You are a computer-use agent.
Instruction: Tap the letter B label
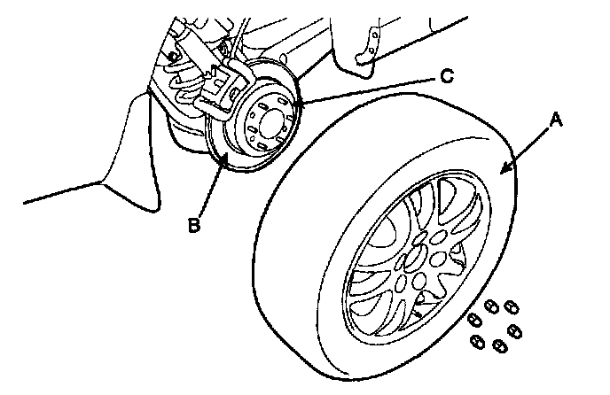(x=195, y=225)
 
